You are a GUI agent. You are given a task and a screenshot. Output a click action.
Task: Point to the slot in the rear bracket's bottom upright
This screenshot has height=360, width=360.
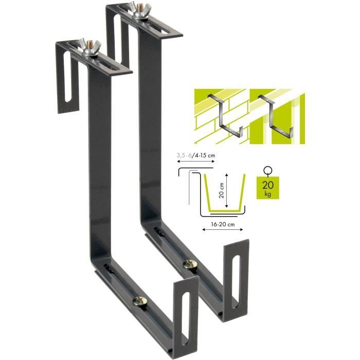pyautogui.click(x=237, y=276)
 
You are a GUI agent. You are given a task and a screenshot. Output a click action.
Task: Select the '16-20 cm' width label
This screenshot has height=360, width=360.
pyautogui.click(x=223, y=224)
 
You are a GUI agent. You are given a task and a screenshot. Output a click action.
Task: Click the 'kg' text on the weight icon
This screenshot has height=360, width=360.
pyautogui.click(x=267, y=195)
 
